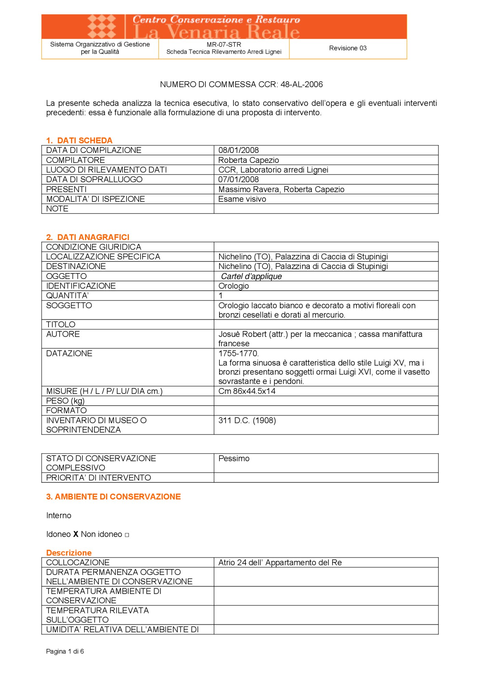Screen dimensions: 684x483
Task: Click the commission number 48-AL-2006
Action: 301,84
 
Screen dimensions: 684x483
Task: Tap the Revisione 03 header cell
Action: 348,48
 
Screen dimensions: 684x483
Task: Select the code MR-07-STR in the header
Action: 224,44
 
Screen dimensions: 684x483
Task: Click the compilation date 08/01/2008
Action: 239,150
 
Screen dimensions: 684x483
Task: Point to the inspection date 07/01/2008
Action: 239,179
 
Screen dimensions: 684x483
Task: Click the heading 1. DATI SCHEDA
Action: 79,141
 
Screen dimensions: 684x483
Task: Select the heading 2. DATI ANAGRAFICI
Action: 88,237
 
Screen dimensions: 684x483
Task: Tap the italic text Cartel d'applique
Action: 251,276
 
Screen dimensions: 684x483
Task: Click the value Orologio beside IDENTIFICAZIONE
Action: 233,286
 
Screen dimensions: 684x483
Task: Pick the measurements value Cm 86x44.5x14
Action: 247,391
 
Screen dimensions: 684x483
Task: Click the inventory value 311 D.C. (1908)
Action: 247,420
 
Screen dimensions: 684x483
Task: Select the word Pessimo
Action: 234,458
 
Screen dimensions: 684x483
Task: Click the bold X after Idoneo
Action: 76,534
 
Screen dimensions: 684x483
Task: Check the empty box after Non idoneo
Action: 127,535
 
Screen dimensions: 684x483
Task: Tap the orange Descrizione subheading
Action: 69,553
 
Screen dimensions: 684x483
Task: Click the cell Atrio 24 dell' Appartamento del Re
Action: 280,563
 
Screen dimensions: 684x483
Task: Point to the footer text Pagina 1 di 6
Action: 65,651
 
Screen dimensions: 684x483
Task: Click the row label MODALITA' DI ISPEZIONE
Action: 95,199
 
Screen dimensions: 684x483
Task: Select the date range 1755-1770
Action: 239,353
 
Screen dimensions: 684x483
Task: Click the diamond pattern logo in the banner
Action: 102,26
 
